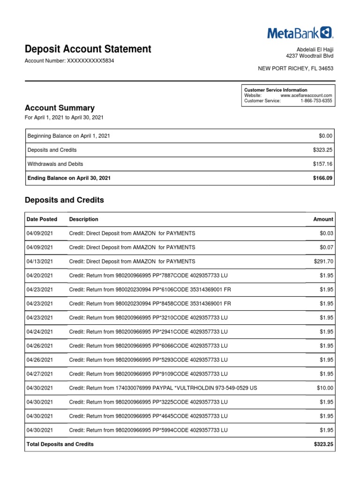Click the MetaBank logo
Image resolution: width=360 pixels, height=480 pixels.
coord(300,32)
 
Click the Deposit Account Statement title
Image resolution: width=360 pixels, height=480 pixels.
coord(88,49)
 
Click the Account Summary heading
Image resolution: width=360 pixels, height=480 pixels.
coord(59,108)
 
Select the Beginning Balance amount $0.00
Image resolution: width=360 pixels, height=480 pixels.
coord(325,135)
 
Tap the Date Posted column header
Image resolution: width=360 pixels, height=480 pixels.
coord(42,219)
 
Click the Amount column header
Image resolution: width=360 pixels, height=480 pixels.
coord(323,219)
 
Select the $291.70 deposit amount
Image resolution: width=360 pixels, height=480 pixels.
coord(323,261)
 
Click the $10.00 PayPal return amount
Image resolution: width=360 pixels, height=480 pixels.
coord(325,388)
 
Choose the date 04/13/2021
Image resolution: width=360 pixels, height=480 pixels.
coord(40,261)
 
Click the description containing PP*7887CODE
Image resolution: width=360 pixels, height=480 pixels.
coord(148,275)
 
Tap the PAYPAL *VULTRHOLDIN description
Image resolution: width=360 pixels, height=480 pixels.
coord(163,388)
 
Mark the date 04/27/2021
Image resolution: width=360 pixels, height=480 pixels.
coord(40,374)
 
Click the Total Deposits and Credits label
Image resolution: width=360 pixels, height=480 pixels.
coord(60,444)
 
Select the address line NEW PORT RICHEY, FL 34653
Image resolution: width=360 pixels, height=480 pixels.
coord(296,68)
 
